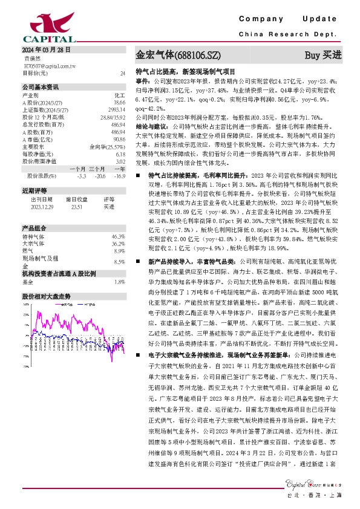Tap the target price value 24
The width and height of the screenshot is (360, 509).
(x=123, y=72)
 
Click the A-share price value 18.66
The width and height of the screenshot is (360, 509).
(x=119, y=103)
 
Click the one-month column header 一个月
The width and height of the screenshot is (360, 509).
(x=77, y=169)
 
